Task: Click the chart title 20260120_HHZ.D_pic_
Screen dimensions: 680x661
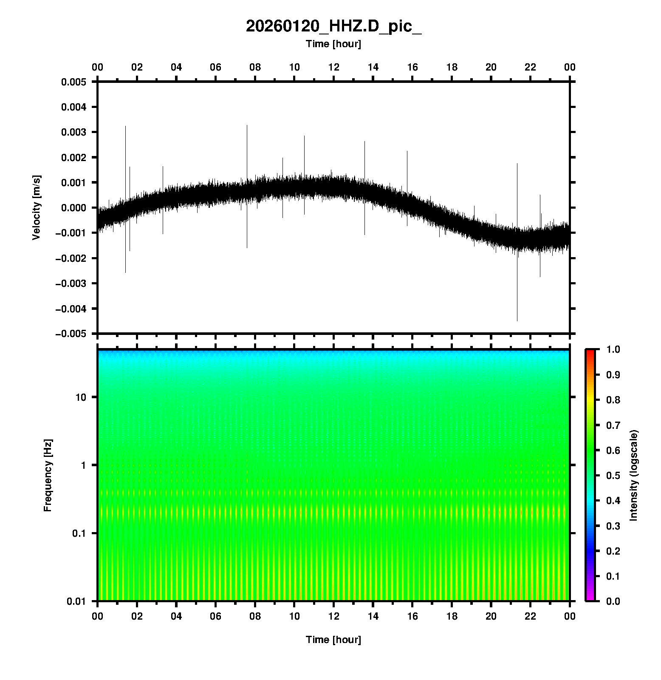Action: [333, 27]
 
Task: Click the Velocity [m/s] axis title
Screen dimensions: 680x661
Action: [37, 207]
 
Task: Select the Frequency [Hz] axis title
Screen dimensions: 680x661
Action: [48, 476]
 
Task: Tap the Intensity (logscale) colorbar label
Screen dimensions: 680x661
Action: [634, 475]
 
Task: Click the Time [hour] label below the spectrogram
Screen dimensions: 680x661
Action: [333, 640]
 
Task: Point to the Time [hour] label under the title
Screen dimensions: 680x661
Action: [333, 44]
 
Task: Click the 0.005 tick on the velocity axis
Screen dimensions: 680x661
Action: [73, 82]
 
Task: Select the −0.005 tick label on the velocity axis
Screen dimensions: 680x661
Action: [71, 334]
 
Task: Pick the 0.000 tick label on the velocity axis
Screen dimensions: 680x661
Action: [73, 208]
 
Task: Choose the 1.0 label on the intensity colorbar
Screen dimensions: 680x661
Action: [613, 349]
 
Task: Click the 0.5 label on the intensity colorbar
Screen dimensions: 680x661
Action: [613, 475]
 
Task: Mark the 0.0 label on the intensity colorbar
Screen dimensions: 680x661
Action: [613, 601]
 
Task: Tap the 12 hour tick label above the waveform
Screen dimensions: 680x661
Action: [333, 67]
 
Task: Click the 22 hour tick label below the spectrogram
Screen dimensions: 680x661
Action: [531, 616]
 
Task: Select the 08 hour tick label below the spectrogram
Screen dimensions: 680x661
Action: [255, 616]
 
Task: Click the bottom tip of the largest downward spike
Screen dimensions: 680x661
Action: [517, 321]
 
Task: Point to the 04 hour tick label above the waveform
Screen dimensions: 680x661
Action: [176, 67]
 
